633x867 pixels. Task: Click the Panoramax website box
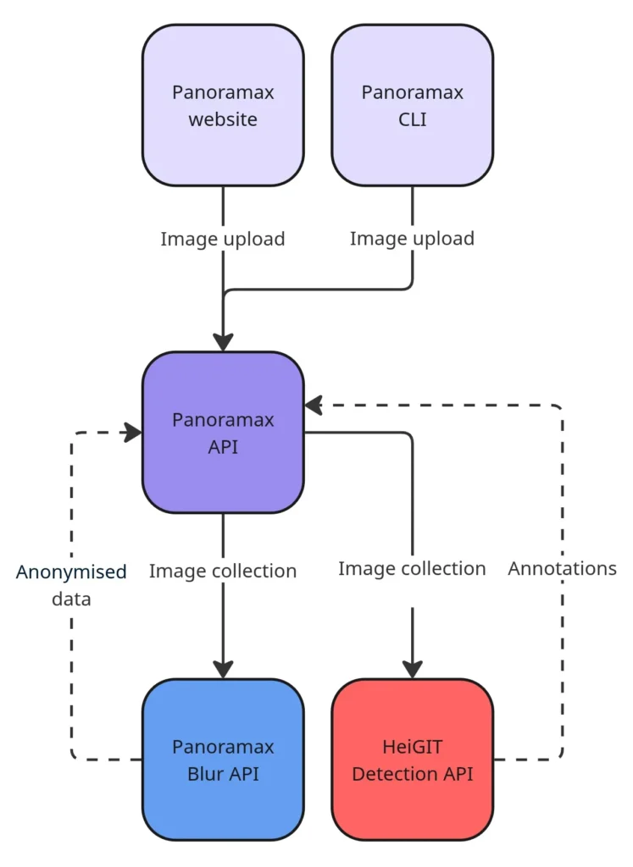pyautogui.click(x=223, y=105)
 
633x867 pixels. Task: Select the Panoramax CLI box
pyautogui.click(x=413, y=105)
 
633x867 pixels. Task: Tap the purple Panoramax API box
pyautogui.click(x=223, y=432)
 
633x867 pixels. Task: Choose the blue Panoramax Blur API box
pyautogui.click(x=223, y=759)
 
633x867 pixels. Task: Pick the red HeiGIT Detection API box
pyautogui.click(x=413, y=759)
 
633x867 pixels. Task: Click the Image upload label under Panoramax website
pyautogui.click(x=223, y=239)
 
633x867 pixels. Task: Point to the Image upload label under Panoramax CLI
pyautogui.click(x=413, y=239)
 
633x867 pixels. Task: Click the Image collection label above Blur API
pyautogui.click(x=223, y=572)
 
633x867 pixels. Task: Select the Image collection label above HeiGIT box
pyautogui.click(x=413, y=568)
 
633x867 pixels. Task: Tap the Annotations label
pyautogui.click(x=562, y=568)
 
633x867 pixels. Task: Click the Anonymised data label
pyautogui.click(x=71, y=585)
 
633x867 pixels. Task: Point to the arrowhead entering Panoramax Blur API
pyautogui.click(x=223, y=670)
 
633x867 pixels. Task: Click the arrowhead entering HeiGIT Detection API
pyautogui.click(x=413, y=670)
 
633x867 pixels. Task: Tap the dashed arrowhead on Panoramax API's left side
pyautogui.click(x=132, y=433)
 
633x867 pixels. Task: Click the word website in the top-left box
pyautogui.click(x=223, y=119)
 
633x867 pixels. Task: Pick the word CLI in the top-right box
pyautogui.click(x=413, y=119)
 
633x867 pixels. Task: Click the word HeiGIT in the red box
pyautogui.click(x=413, y=747)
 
